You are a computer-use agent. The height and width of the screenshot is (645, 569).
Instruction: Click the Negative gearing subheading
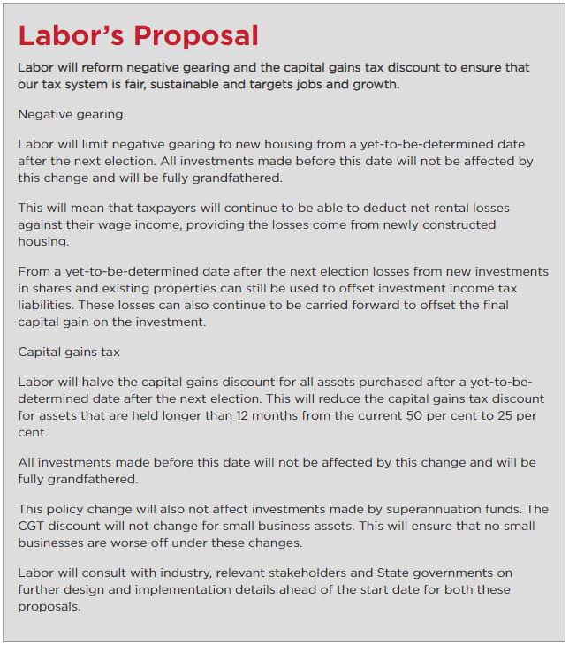pos(71,114)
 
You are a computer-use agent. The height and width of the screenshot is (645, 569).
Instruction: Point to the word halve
pos(109,382)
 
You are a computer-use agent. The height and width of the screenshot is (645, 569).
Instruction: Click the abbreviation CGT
pos(34,527)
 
